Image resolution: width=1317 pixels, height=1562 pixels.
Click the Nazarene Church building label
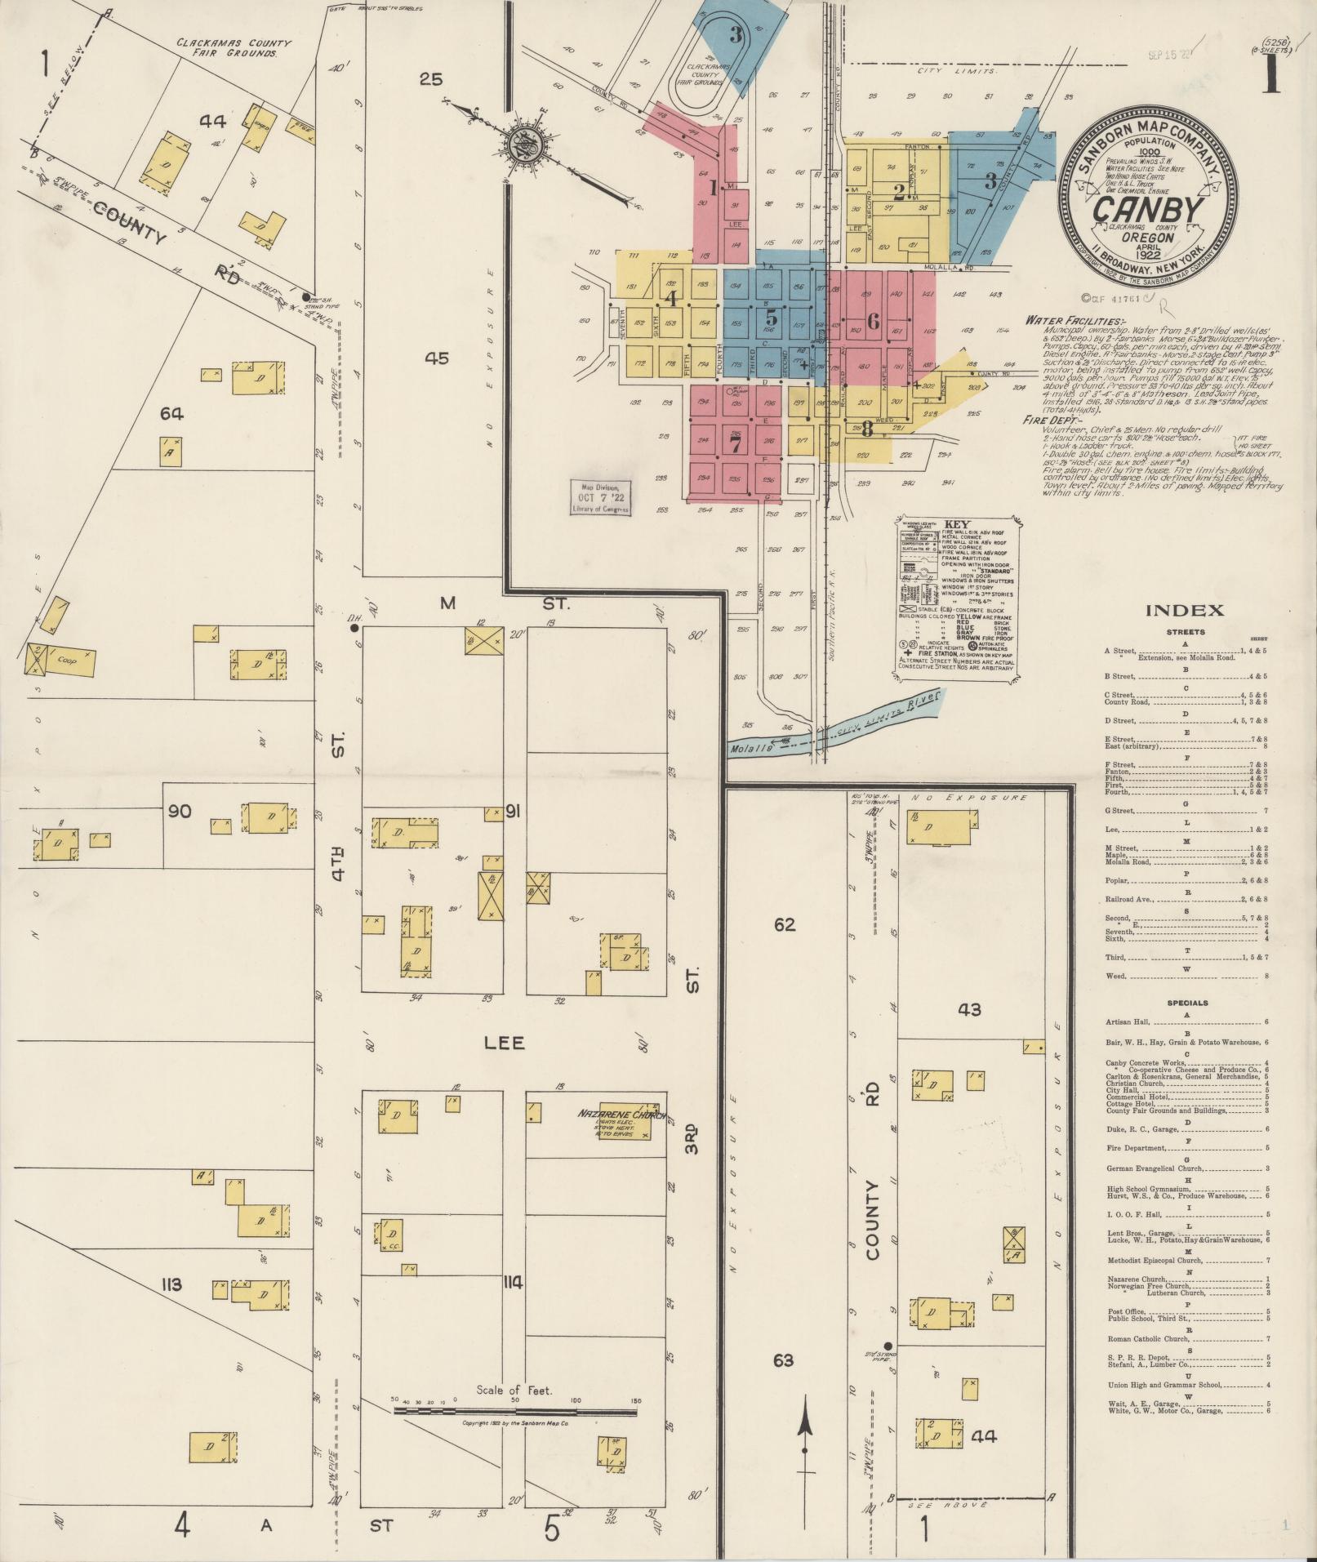(x=621, y=1115)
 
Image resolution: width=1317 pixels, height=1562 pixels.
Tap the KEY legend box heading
(x=955, y=524)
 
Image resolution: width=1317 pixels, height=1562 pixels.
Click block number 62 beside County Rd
(x=785, y=925)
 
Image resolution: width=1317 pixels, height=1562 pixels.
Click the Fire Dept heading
(x=1048, y=421)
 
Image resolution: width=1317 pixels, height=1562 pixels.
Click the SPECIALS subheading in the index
(x=1187, y=1003)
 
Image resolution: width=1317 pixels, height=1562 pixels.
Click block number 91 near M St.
(x=514, y=812)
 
